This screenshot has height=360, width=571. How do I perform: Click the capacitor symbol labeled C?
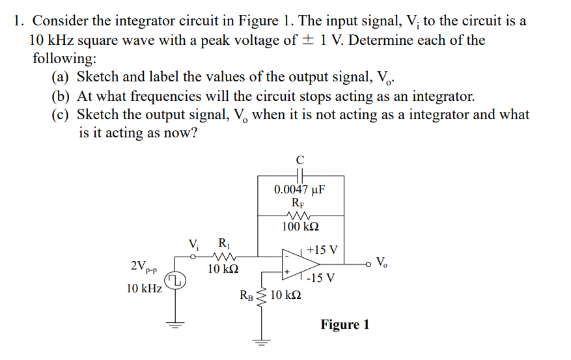coord(299,175)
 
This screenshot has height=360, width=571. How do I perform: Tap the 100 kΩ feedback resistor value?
coord(299,227)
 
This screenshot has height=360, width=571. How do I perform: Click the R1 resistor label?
coord(223,245)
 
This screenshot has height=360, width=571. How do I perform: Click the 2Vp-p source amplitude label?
coord(145,267)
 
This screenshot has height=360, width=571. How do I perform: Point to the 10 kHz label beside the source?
coord(144,288)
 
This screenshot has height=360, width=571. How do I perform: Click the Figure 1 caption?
coord(344,324)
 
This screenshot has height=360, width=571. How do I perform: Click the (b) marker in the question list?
coord(60,96)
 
